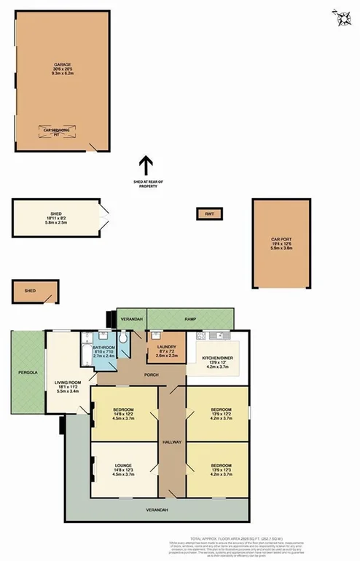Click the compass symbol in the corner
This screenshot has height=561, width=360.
click(x=340, y=19)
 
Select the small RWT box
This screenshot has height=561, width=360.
click(x=210, y=213)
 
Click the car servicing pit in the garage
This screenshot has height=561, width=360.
click(x=60, y=132)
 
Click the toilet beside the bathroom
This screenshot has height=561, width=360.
click(x=124, y=340)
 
